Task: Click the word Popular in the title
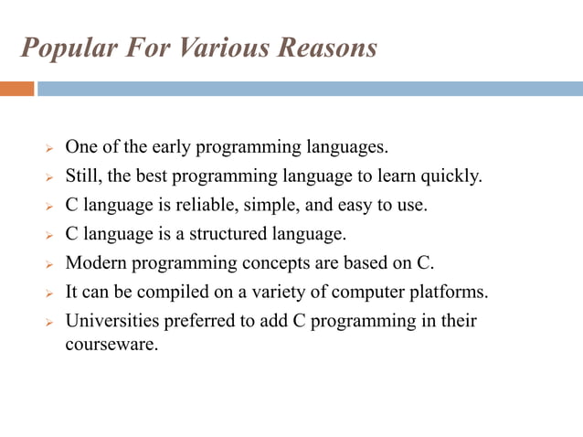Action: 62,48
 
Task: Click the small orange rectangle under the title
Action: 16,89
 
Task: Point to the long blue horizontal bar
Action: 310,89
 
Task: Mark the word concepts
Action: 275,263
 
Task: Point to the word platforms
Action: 452,293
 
